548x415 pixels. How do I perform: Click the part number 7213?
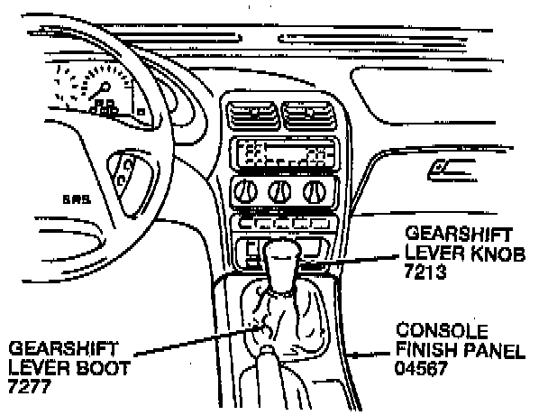coord(425,272)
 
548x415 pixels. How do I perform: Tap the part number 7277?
coord(30,386)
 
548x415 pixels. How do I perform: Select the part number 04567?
coord(421,368)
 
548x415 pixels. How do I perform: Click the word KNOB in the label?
coord(498,253)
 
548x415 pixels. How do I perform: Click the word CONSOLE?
coord(442,330)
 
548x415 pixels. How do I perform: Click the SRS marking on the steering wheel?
coord(77,199)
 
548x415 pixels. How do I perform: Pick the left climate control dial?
coord(245,192)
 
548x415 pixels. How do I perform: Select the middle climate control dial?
coord(279,192)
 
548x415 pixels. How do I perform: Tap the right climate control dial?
coord(315,192)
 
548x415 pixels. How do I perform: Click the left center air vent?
coord(253,115)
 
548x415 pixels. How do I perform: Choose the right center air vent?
coord(309,115)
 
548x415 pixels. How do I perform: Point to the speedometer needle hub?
coord(105,86)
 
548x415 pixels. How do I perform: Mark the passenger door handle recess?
coord(452,170)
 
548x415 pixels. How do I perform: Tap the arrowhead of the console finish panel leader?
coord(354,355)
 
